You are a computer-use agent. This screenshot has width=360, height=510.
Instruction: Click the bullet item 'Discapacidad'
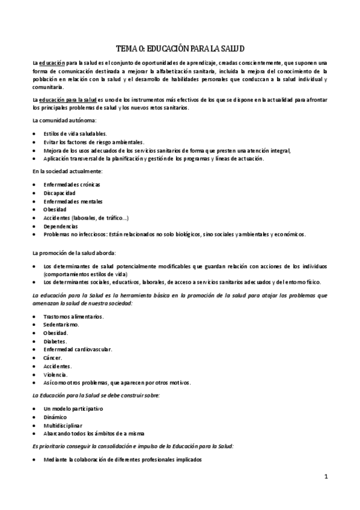(59, 192)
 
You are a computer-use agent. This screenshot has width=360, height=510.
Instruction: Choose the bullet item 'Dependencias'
(60, 226)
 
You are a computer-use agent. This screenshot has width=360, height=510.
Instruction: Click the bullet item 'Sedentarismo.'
(61, 324)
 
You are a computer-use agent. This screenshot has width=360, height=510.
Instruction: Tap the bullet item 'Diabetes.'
(55, 341)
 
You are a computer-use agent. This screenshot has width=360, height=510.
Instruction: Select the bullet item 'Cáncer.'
(53, 357)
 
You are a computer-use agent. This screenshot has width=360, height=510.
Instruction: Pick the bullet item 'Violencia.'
(55, 374)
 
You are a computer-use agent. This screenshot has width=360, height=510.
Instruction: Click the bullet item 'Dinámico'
(55, 417)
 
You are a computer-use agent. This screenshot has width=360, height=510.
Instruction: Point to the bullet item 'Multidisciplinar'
(63, 425)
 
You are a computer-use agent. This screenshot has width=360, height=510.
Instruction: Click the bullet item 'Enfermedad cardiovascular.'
(78, 349)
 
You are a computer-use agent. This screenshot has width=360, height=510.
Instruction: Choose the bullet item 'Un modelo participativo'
(73, 408)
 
